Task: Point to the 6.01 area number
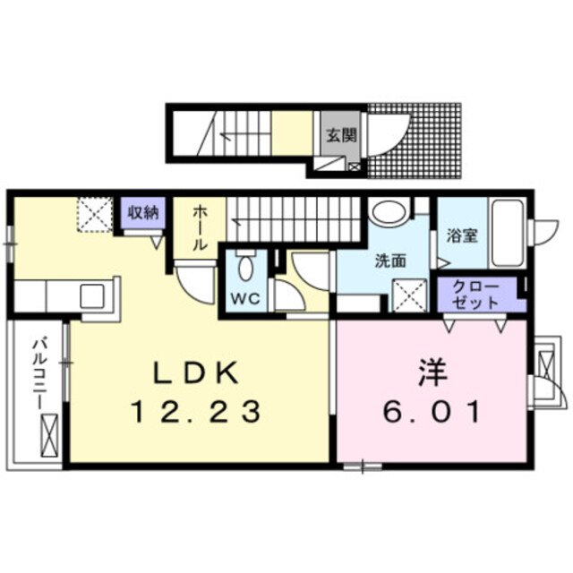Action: (x=433, y=412)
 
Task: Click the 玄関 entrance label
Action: (x=340, y=137)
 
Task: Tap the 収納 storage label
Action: (x=141, y=212)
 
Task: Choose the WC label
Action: (x=245, y=299)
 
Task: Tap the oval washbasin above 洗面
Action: (x=388, y=213)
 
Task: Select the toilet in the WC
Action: (x=246, y=268)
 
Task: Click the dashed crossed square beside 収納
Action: (x=92, y=215)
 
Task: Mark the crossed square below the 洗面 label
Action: (x=409, y=292)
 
